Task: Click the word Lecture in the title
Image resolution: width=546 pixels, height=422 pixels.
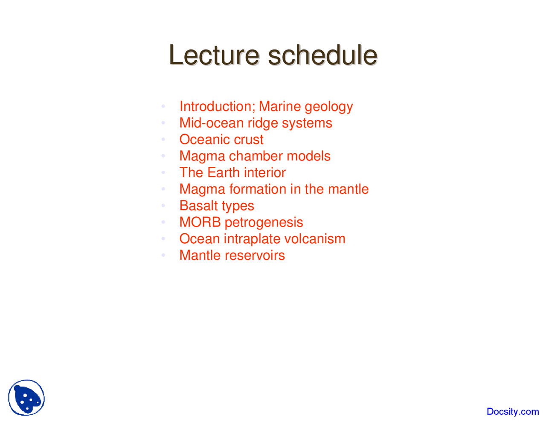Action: [214, 55]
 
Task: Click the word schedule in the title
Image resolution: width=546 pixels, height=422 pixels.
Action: [322, 55]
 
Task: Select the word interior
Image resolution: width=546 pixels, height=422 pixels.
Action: [264, 172]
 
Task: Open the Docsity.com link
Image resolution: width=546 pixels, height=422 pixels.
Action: [513, 412]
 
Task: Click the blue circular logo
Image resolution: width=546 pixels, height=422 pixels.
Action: [26, 398]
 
